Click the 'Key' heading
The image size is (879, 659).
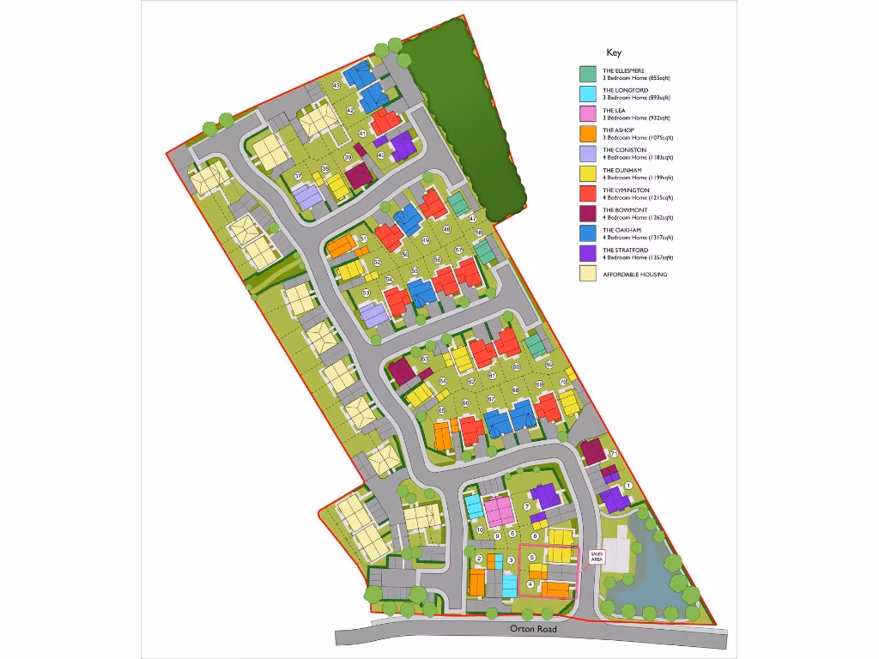click(x=613, y=52)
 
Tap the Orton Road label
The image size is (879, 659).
click(x=533, y=629)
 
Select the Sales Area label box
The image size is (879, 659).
click(x=597, y=556)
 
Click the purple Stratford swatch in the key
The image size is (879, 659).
click(x=588, y=254)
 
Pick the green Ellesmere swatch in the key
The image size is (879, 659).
click(x=588, y=75)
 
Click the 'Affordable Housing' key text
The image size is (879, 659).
click(x=634, y=275)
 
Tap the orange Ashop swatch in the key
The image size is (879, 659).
click(x=588, y=134)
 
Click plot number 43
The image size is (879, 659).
click(x=336, y=87)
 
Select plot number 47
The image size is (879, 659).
click(x=472, y=219)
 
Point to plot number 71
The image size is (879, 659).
click(x=614, y=454)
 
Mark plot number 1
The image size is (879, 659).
click(x=628, y=486)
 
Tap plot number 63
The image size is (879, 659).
click(x=424, y=359)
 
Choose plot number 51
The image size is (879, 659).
click(x=363, y=239)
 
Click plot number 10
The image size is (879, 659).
click(x=480, y=530)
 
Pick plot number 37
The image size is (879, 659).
click(x=298, y=177)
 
